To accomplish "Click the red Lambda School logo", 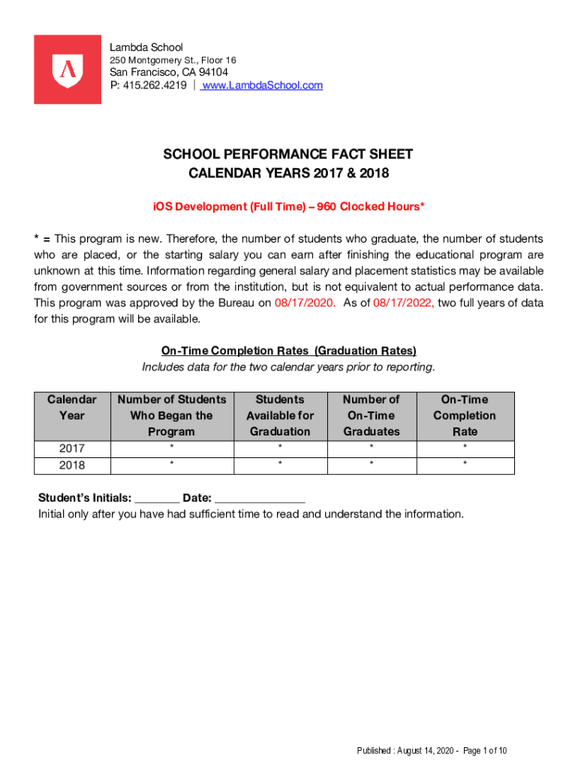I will [x=68, y=69].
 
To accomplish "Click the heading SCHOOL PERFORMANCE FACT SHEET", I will [x=288, y=155].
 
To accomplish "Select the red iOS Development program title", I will [x=288, y=207].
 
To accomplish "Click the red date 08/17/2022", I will [x=403, y=303].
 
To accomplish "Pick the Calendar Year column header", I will [x=72, y=408].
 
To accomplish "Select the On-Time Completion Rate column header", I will [x=465, y=415].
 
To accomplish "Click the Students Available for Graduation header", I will [x=280, y=415].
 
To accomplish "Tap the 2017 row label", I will [x=72, y=448].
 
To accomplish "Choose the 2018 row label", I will [x=72, y=466].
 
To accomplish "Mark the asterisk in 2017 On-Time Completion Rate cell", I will [x=465, y=448].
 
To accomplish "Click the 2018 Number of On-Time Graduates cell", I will [x=371, y=466].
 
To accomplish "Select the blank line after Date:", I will [x=260, y=499].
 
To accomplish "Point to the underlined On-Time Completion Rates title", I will [x=288, y=351].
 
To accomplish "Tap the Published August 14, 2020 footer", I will [x=432, y=751].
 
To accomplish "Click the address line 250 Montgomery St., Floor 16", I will [x=173, y=60].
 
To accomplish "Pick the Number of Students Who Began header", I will [x=172, y=415].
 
